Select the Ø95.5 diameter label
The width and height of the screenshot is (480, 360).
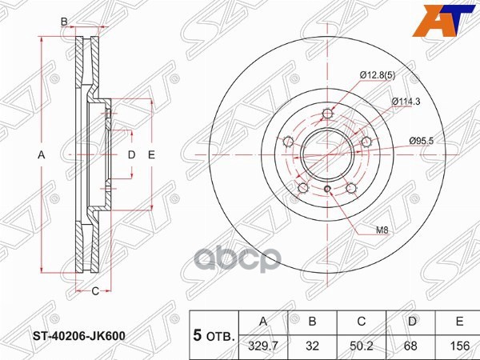coord(422,141)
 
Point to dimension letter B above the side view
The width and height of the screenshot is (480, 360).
coord(64,22)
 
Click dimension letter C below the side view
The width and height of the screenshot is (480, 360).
coord(94,290)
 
